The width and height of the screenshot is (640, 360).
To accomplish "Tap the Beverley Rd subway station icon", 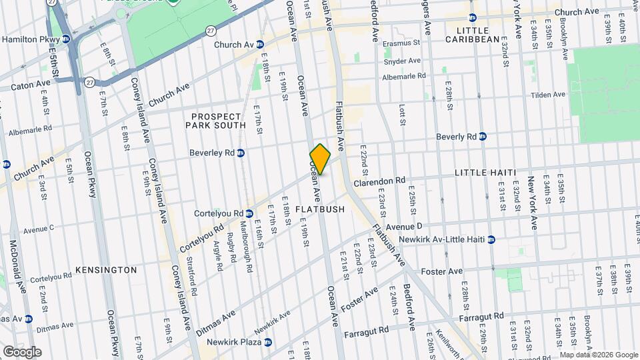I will coord(241,153).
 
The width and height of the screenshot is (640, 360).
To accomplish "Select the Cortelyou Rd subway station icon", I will coord(249,214).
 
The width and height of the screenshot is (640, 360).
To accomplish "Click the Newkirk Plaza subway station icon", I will coord(267,342).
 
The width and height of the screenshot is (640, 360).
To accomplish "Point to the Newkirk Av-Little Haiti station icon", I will coord(491,239).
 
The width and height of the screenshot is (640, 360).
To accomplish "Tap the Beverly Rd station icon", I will coord(483,137).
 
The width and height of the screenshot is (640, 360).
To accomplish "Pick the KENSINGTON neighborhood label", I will coord(106,270).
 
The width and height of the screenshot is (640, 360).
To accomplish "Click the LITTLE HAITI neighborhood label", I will coord(485,173).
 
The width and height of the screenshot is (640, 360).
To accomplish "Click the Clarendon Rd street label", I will coord(379,181).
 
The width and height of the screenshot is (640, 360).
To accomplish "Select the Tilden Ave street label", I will coord(548,95).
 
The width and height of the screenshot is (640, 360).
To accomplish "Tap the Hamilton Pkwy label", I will coord(26,39).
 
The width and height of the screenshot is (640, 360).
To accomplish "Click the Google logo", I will coord(21,351).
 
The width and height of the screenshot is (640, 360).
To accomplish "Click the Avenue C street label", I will coord(38,230).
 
